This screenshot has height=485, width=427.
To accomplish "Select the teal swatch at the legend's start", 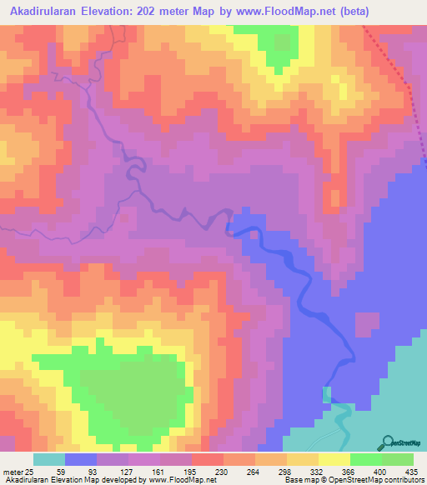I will click(48, 459).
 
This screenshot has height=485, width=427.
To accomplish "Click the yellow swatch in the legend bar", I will click(334, 459).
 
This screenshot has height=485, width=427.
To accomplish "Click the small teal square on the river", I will click(326, 393).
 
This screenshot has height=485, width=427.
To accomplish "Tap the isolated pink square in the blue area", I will click(367, 324).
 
